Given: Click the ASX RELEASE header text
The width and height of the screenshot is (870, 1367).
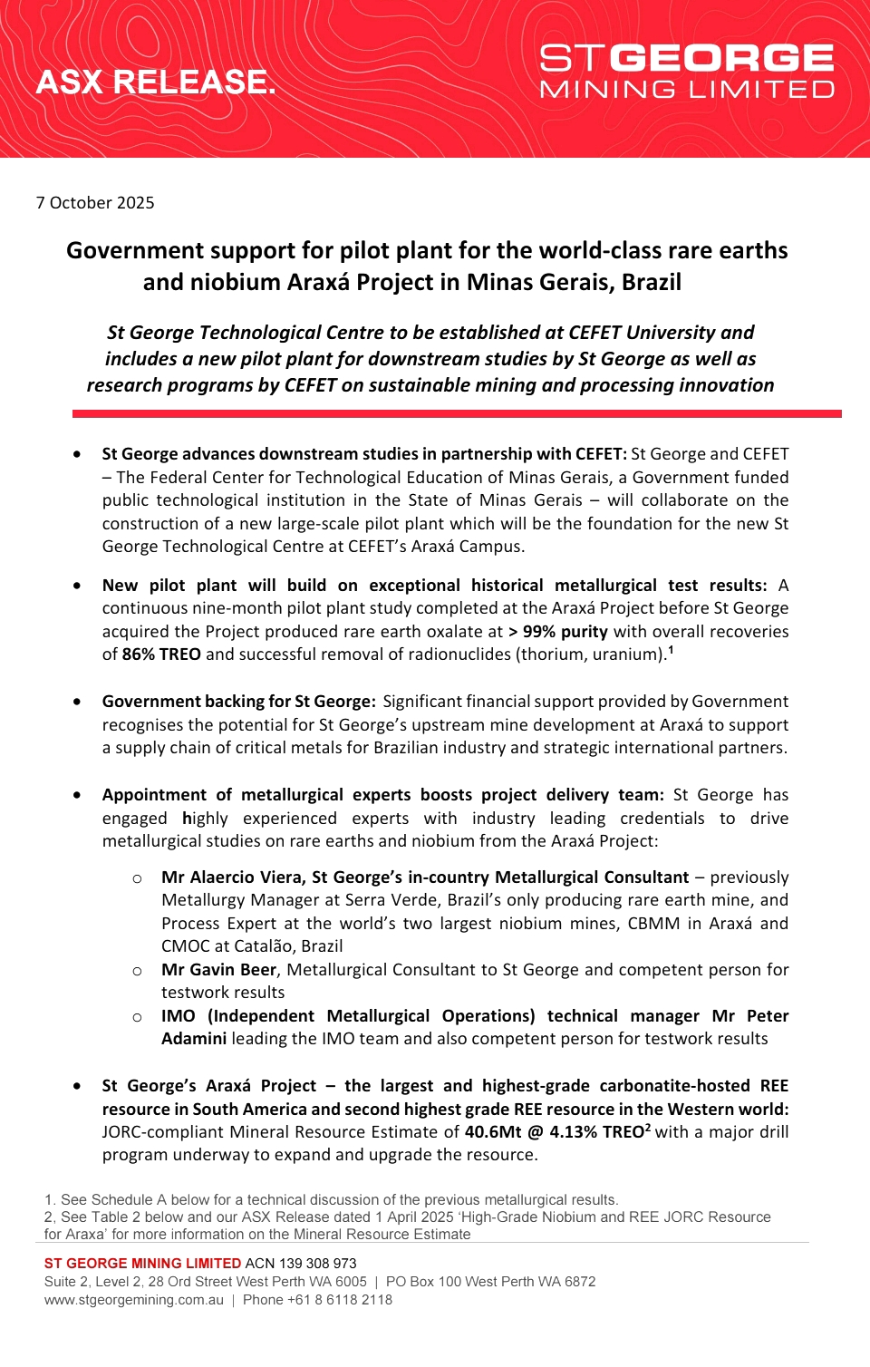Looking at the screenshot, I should click(156, 82).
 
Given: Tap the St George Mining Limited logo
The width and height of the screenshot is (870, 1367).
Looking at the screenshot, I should click(686, 71).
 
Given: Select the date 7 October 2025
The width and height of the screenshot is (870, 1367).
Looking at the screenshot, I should click(95, 202).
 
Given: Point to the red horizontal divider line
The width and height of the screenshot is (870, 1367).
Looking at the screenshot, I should click(457, 413).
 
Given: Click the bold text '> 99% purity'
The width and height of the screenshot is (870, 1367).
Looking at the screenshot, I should click(558, 631).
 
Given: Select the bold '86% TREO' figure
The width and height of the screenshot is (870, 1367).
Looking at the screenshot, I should click(161, 654).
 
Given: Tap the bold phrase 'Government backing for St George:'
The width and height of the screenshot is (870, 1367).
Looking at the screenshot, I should click(238, 701).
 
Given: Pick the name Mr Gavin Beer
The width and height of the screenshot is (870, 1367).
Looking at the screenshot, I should click(218, 969).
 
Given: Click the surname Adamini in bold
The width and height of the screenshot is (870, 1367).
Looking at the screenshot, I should click(194, 1038).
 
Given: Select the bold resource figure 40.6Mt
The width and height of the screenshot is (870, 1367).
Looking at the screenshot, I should click(493, 1131).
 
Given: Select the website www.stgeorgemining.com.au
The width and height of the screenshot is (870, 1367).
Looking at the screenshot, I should click(134, 1299).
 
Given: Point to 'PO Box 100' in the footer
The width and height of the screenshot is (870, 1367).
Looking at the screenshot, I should click(421, 1281).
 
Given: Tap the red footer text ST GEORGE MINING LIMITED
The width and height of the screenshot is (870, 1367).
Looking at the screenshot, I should click(142, 1263).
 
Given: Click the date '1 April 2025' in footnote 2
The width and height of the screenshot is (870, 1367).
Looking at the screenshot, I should click(426, 1217).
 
